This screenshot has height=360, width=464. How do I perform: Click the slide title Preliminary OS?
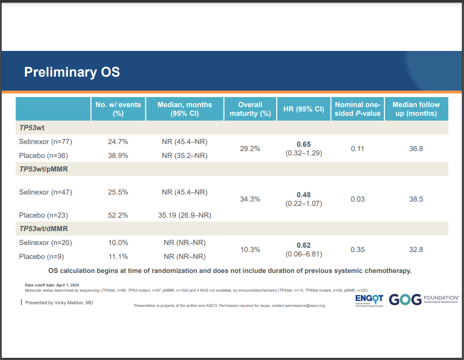click(72, 72)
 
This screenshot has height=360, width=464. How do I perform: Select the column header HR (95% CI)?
click(304, 109)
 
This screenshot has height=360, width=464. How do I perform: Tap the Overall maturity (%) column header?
click(250, 109)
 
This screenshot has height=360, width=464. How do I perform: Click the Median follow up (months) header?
click(416, 109)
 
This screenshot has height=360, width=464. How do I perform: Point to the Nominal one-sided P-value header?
click(357, 109)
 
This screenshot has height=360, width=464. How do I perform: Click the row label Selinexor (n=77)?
click(45, 141)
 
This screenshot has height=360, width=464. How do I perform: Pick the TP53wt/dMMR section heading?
click(44, 229)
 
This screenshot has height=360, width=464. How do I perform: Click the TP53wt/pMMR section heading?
click(44, 169)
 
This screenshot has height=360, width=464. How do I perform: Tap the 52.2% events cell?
click(118, 215)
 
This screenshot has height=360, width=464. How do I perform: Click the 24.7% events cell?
click(118, 141)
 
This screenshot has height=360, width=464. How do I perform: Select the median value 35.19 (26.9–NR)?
click(184, 215)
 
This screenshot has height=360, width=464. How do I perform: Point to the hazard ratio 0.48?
click(304, 195)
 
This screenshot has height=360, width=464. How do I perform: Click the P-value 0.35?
click(357, 250)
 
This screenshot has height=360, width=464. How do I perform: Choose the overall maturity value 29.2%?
click(250, 148)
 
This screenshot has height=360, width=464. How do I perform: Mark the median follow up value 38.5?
click(416, 199)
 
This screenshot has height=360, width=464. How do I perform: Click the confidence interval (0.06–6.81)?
click(304, 254)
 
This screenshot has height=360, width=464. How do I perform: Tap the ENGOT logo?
click(369, 300)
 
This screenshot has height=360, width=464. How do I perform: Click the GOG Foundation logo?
click(423, 299)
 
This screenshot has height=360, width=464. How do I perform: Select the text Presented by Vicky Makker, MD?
click(59, 303)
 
